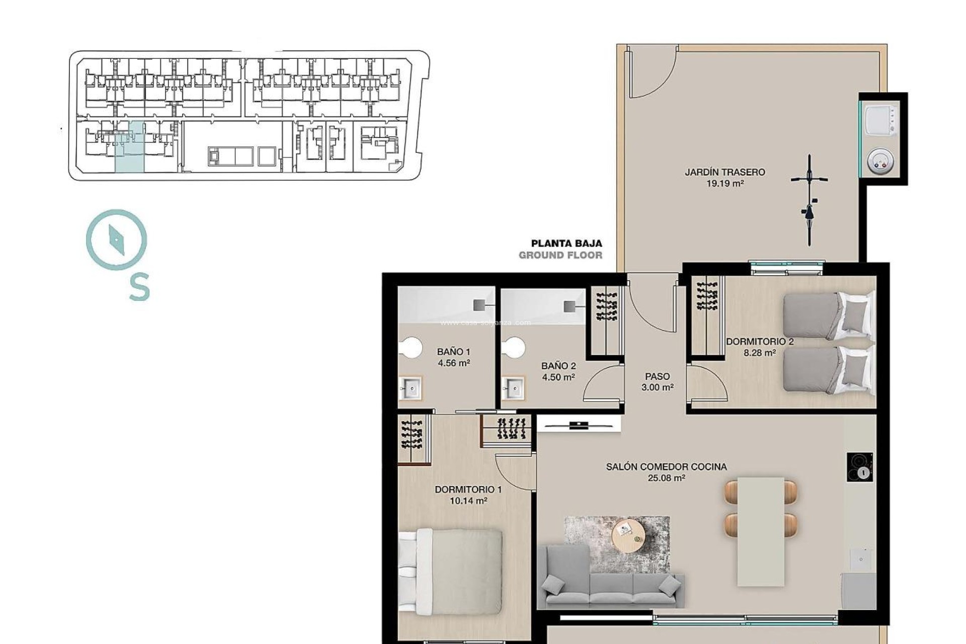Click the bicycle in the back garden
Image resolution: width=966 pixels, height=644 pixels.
pos(809,200)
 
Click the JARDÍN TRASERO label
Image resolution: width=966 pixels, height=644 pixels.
pos(725,172)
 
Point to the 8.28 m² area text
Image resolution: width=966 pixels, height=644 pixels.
pos(759,353)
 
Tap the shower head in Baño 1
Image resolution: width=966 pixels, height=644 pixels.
pos(480,304)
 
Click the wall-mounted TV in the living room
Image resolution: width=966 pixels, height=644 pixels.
pos(579,426)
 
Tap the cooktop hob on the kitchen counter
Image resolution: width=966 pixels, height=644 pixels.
pos(859,467)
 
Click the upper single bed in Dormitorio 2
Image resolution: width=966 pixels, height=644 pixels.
pos(828,316)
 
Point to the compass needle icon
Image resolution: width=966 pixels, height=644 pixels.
pos(116,239)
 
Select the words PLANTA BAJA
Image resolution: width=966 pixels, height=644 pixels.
pos(567,244)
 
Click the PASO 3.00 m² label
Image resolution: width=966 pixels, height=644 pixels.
pos(657,381)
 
